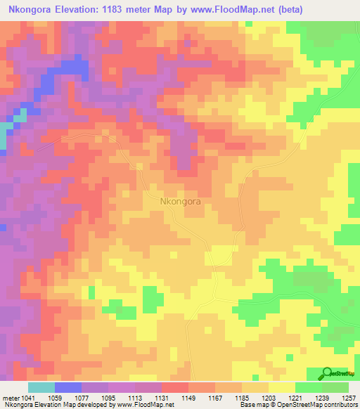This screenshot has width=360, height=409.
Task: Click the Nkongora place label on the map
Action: click(x=181, y=201)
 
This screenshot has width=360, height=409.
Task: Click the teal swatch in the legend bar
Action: click(x=41, y=387)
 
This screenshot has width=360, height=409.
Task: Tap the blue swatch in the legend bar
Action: click(x=68, y=387)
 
